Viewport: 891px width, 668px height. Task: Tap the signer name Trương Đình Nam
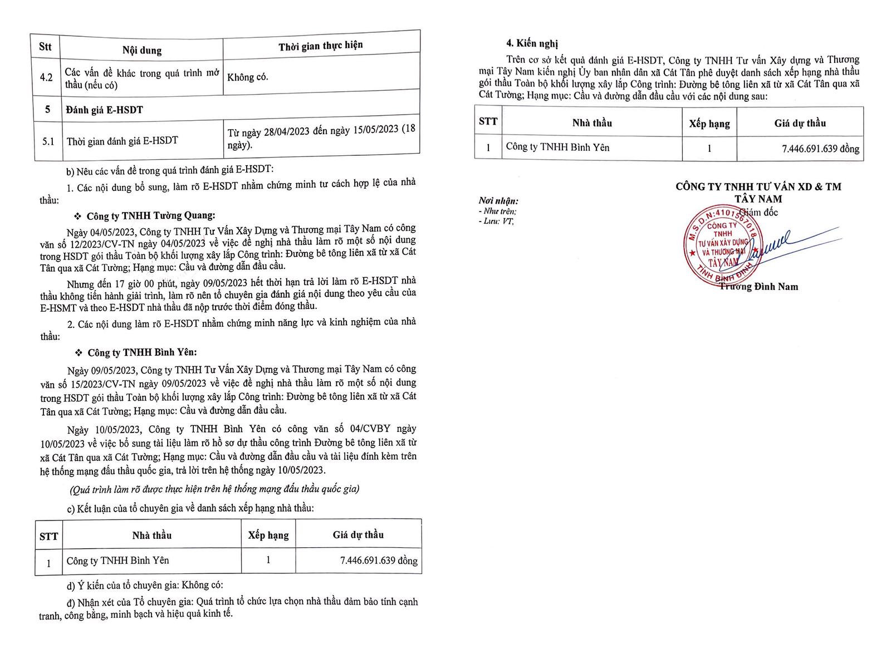click(x=758, y=287)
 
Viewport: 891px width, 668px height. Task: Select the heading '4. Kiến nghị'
click(x=531, y=43)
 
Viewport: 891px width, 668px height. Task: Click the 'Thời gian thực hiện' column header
click(x=321, y=46)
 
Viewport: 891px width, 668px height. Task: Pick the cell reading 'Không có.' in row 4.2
click(x=248, y=77)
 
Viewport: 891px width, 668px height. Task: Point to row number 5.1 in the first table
click(x=48, y=141)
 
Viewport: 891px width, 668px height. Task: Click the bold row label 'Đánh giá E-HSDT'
click(x=105, y=110)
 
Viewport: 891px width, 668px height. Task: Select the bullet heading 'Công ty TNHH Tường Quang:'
click(x=150, y=216)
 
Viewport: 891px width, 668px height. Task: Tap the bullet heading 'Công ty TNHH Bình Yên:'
click(x=142, y=352)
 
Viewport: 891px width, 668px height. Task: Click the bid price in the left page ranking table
click(x=378, y=561)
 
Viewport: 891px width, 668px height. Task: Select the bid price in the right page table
click(x=820, y=149)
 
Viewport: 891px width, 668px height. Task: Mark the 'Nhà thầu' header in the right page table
click(x=592, y=123)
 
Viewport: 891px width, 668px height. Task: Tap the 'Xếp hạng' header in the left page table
click(x=268, y=536)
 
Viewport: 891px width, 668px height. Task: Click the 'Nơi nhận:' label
click(x=498, y=201)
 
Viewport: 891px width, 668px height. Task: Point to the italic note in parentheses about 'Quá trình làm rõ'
click(x=214, y=489)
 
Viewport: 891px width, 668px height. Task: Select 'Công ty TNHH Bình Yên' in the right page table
click(x=557, y=148)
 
